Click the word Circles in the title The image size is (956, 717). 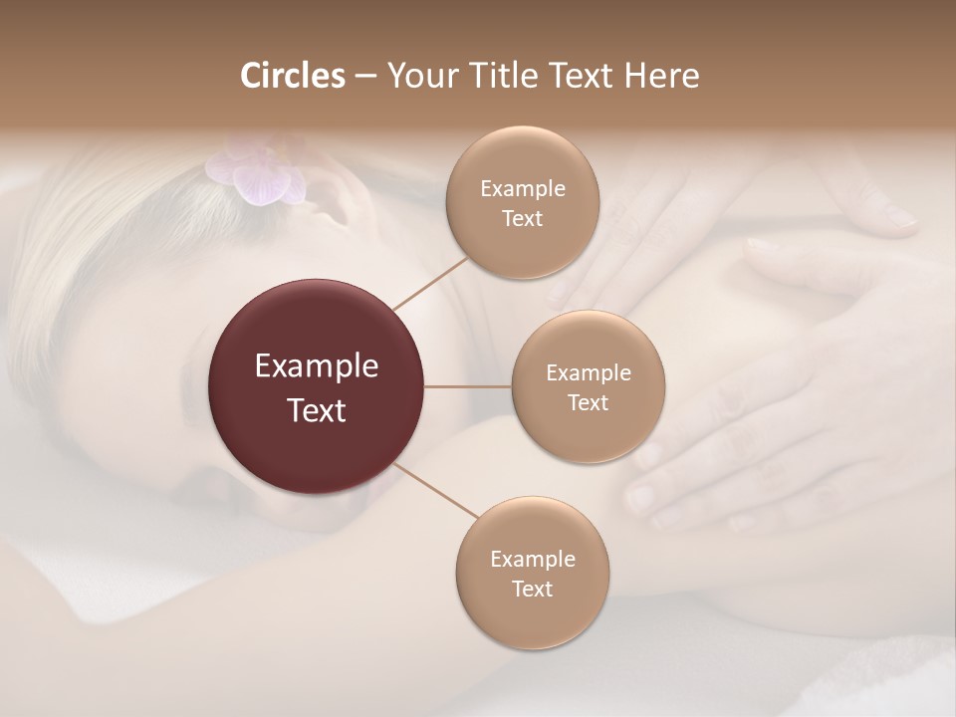tap(292, 76)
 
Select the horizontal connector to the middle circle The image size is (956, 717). tap(468, 386)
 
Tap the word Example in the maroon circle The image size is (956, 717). tap(317, 366)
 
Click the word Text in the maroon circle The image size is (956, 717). tap(317, 409)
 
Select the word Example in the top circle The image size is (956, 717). tap(523, 189)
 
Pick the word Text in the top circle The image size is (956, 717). tap(522, 218)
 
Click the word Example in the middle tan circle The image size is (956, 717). tap(589, 373)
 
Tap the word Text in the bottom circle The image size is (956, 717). tap(532, 589)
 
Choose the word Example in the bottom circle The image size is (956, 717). tap(533, 559)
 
